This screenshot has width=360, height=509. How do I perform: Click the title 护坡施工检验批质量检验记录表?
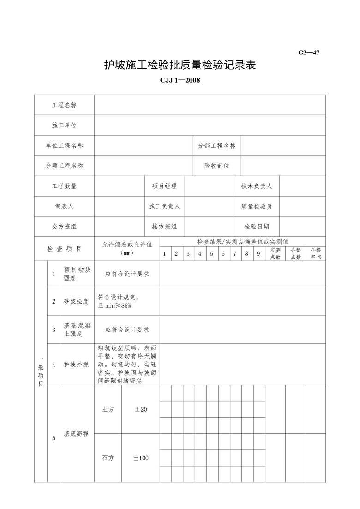[x=180, y=66]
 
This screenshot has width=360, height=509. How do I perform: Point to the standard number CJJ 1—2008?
[x=180, y=80]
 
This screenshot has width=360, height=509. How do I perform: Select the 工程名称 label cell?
[x=64, y=105]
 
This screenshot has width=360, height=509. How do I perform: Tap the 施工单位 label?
[x=64, y=126]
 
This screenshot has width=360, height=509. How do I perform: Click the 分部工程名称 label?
[x=216, y=146]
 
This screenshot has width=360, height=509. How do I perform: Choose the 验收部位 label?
[x=216, y=166]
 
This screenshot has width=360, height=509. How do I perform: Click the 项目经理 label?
[x=164, y=186]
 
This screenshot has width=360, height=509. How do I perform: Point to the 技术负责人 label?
[x=257, y=186]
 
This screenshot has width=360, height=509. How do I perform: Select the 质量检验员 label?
[x=257, y=206]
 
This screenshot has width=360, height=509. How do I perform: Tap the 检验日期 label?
[x=257, y=227]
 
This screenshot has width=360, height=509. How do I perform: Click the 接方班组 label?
[x=164, y=227]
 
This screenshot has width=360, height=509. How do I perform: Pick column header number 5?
[x=211, y=253]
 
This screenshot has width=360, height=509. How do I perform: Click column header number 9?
[x=258, y=253]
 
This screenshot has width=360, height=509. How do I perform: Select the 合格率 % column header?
[x=316, y=253]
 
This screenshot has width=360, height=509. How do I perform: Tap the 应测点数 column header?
[x=275, y=253]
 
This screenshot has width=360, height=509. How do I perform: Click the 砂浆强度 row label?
[x=76, y=302]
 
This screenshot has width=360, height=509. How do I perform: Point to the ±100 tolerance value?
[x=141, y=458]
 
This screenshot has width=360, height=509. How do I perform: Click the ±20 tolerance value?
[x=141, y=409]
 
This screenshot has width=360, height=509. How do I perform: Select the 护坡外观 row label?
[x=76, y=365]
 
